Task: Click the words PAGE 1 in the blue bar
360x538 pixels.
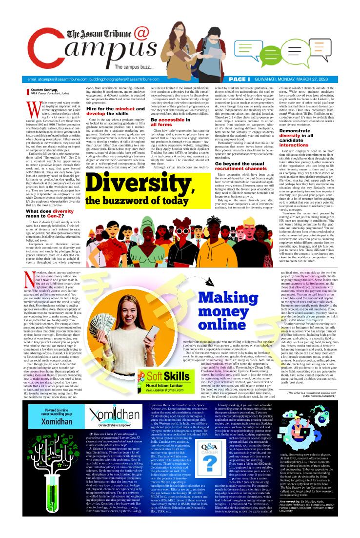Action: click(253, 79)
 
